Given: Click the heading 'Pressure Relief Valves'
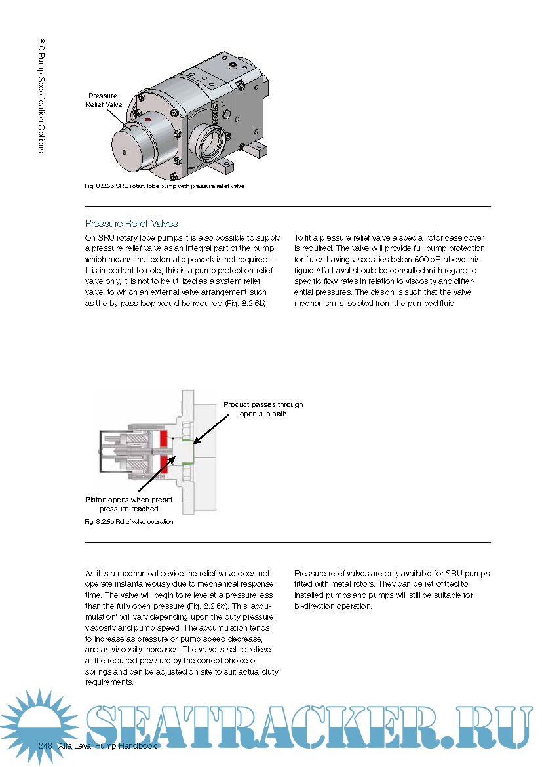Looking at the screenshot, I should (x=132, y=224).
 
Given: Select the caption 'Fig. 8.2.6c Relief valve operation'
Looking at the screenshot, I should (x=129, y=522).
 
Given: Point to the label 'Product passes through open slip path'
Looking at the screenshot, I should (x=263, y=409).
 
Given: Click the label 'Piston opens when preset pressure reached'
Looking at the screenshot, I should (x=129, y=504).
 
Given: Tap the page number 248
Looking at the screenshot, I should (x=45, y=746).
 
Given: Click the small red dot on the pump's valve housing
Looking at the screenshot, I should (x=148, y=120).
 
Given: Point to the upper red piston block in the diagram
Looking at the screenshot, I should (x=164, y=440).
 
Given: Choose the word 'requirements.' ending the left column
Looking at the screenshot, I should (x=109, y=682).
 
